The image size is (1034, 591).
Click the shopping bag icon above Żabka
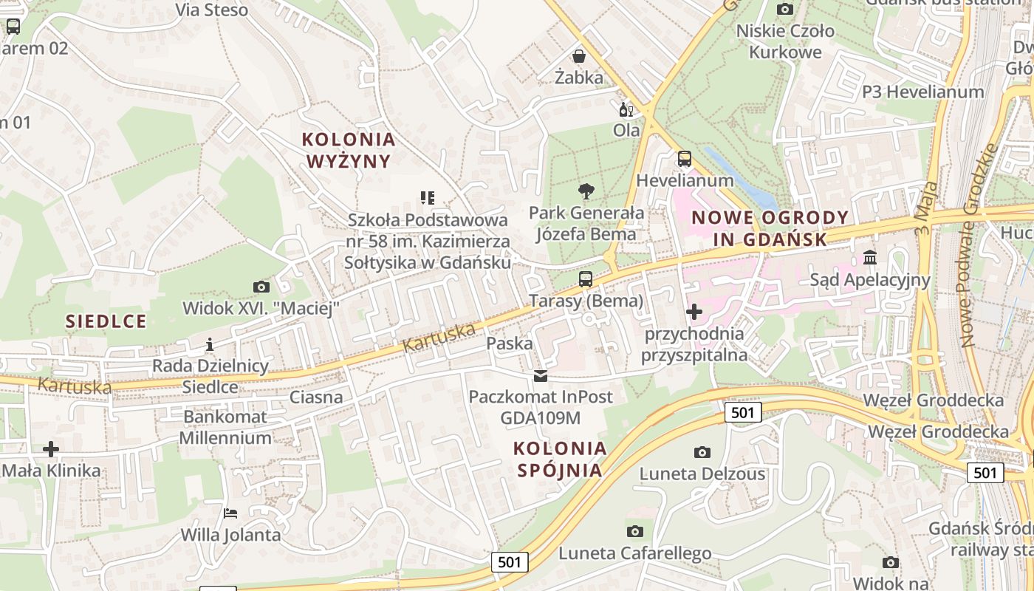tap(579, 56)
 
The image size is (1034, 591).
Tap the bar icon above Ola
tap(626, 109)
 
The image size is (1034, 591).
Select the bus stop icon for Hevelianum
tap(685, 159)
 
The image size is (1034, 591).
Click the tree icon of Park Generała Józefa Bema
tap(586, 192)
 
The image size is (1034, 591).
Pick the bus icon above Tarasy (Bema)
tap(586, 279)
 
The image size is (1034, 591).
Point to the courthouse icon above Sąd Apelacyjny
tap(870, 259)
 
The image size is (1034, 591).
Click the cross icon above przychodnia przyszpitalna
tap(694, 312)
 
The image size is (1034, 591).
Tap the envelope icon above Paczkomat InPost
tap(541, 376)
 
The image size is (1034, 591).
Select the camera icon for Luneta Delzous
tap(702, 452)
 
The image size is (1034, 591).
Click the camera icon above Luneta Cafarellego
tap(634, 531)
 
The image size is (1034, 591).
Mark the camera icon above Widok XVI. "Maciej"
tap(261, 287)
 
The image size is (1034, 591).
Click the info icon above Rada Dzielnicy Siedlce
tap(210, 344)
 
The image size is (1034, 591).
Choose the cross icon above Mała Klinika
tap(51, 449)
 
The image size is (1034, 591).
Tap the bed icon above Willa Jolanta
tap(230, 513)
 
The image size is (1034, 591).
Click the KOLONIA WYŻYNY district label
tap(349, 150)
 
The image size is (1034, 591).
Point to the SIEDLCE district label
tap(106, 321)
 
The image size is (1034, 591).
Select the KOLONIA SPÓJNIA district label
tap(561, 459)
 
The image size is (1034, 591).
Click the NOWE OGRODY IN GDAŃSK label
tap(770, 228)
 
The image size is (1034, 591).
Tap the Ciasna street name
tap(316, 397)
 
